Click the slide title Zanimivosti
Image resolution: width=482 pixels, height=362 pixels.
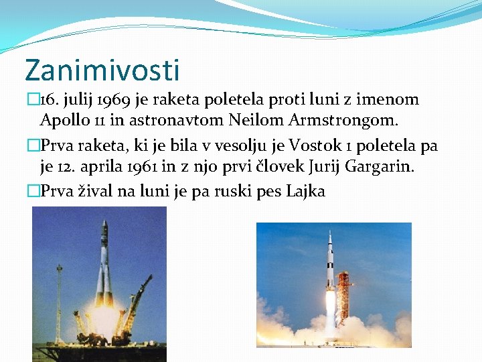[x=102, y=70]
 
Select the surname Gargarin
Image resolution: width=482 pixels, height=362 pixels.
[x=380, y=166]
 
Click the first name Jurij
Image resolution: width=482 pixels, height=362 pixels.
[x=323, y=166]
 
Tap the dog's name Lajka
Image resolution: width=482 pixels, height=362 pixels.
[x=305, y=191]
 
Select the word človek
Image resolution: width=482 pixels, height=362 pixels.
[x=274, y=166]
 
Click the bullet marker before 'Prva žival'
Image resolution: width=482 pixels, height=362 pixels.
[x=33, y=191]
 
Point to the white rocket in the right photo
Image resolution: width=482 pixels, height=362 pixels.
[x=329, y=268]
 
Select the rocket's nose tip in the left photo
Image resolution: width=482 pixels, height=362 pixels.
[x=104, y=221]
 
